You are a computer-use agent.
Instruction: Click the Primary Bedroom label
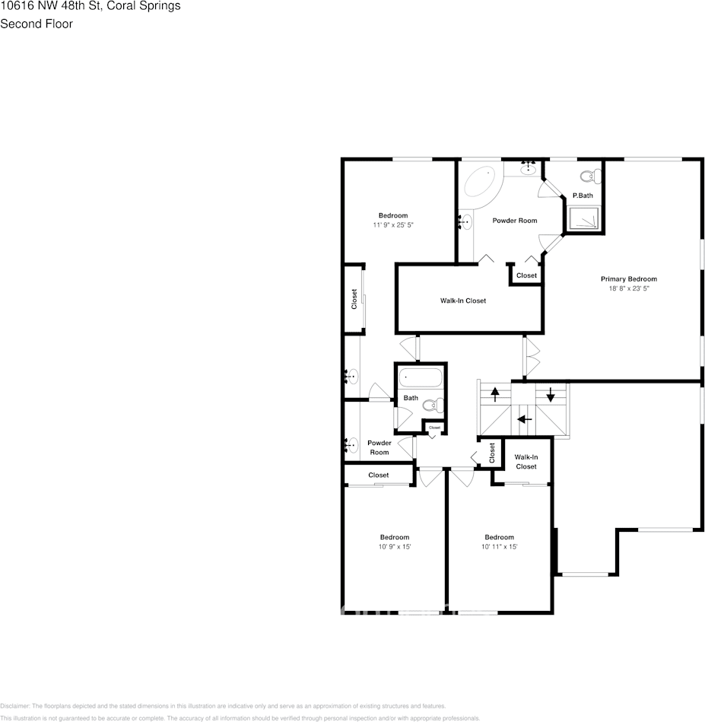pos(628,278)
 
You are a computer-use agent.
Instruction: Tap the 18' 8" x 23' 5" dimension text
pos(628,288)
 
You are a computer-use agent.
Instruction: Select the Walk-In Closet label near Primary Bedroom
pos(462,301)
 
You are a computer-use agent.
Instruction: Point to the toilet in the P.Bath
pos(588,177)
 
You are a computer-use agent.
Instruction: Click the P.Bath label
pos(583,196)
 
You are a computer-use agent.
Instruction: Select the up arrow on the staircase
pos(495,394)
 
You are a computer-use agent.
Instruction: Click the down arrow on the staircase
pos(551,394)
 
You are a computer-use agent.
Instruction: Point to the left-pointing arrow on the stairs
pos(523,418)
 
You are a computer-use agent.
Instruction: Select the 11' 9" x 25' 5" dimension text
pos(393,225)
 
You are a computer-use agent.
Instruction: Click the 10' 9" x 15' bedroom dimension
pos(394,547)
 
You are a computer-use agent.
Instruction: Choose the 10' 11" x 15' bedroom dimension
pos(499,547)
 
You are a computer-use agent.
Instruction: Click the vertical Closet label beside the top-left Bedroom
pos(354,298)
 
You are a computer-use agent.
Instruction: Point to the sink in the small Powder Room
pos(351,444)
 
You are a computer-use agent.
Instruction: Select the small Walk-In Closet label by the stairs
pos(526,462)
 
